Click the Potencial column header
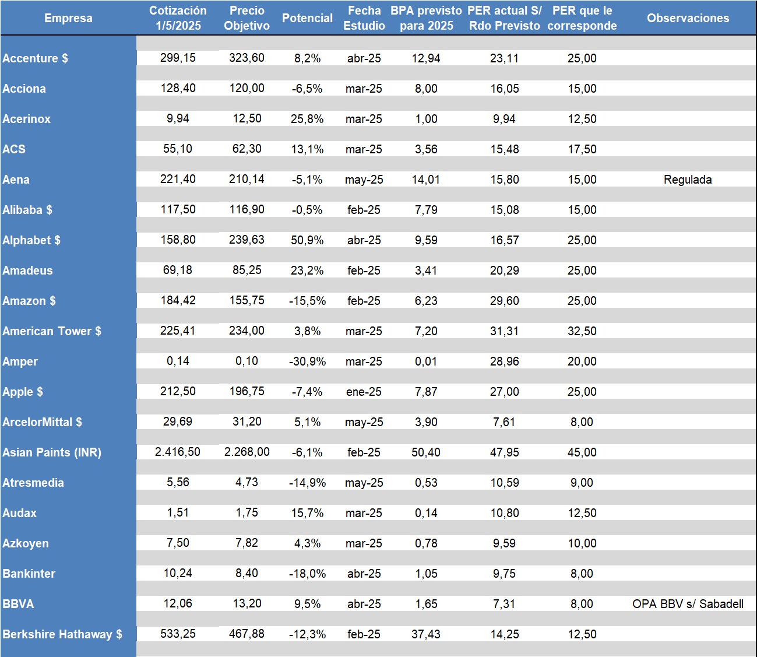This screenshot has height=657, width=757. pyautogui.click(x=307, y=18)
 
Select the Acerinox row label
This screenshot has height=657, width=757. pyautogui.click(x=27, y=119)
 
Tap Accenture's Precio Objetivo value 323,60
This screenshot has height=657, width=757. pyautogui.click(x=247, y=58)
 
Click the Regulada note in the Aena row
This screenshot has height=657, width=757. pyautogui.click(x=688, y=180)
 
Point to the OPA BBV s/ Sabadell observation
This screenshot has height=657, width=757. pyautogui.click(x=688, y=604)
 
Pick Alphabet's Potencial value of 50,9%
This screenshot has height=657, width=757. pyautogui.click(x=307, y=240)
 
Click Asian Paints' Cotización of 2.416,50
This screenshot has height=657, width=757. pyautogui.click(x=178, y=452)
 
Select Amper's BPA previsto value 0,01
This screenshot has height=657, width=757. pyautogui.click(x=426, y=361)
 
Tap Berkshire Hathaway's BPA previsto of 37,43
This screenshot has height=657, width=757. pyautogui.click(x=426, y=634)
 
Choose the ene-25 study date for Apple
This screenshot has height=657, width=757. pyautogui.click(x=364, y=392)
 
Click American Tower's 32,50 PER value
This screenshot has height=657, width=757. pyautogui.click(x=582, y=331)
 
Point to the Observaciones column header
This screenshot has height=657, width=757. pyautogui.click(x=688, y=18)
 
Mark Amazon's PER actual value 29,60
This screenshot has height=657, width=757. pyautogui.click(x=505, y=301)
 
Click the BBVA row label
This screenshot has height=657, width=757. pyautogui.click(x=18, y=604)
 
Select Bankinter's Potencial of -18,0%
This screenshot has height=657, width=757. pyautogui.click(x=307, y=574)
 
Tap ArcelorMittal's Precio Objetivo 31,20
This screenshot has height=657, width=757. pyautogui.click(x=247, y=421)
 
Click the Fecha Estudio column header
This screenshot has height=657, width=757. pyautogui.click(x=364, y=18)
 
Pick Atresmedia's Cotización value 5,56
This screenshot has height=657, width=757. pyautogui.click(x=178, y=482)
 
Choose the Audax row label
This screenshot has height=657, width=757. pyautogui.click(x=20, y=513)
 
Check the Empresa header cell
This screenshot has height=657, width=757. pyautogui.click(x=68, y=18)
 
